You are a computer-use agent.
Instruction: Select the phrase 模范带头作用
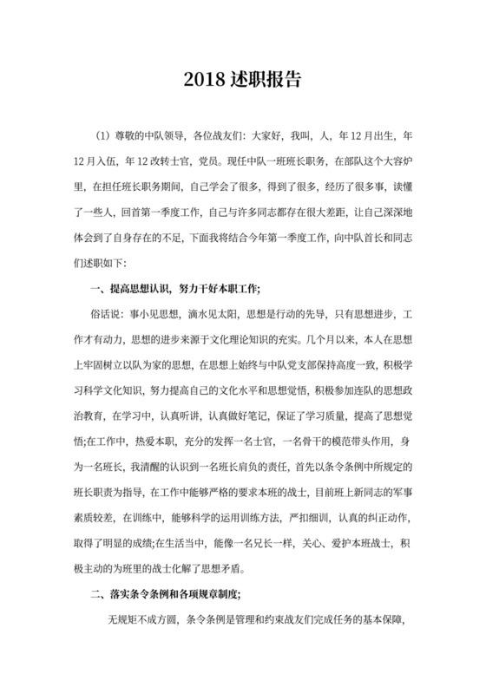coord(348,440)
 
